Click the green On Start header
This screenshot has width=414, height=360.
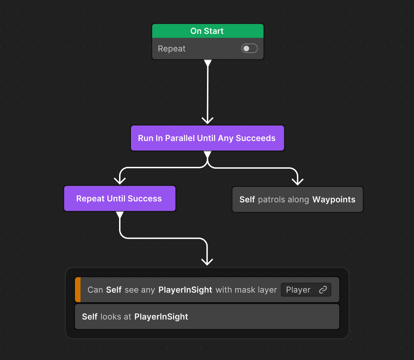coord(207,31)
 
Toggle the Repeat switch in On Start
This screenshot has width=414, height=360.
coord(249,49)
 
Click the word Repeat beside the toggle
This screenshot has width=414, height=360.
coord(171,49)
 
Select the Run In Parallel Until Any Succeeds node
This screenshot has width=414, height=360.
coord(207,138)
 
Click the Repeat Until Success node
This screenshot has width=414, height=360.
coord(119,199)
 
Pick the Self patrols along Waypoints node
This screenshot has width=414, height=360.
coord(297,199)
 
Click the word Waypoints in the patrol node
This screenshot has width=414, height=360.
coord(333,199)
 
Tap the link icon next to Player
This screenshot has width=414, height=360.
coord(323,290)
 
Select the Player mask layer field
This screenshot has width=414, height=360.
coord(299,290)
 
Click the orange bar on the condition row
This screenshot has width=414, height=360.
coord(78,290)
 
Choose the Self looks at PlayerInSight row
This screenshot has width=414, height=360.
coord(207,317)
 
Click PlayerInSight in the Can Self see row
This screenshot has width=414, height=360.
coord(185,290)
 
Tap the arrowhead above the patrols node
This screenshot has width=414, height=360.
coord(298,181)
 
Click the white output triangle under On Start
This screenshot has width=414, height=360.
coord(208,63)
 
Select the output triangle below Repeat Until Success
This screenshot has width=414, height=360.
coord(119,215)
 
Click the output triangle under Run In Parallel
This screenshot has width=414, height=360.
coord(207,154)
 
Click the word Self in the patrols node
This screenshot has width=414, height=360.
coord(247,199)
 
